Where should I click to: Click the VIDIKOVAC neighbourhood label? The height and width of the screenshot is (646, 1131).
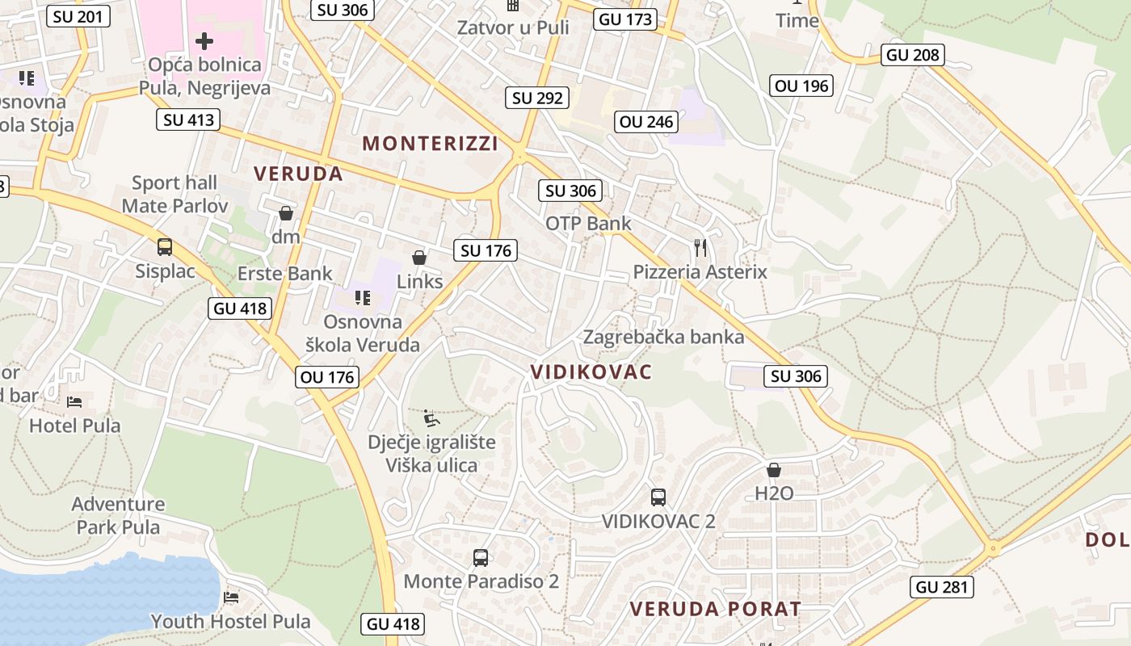pyautogui.click(x=591, y=371)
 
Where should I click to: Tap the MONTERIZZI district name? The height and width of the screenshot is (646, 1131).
pyautogui.click(x=430, y=144)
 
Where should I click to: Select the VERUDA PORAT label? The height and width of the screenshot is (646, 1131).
pyautogui.click(x=715, y=609)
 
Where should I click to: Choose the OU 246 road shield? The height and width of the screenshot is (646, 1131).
pyautogui.click(x=646, y=122)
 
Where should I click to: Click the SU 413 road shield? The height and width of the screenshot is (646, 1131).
pyautogui.click(x=189, y=120)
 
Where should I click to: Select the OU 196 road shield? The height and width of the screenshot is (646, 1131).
pyautogui.click(x=801, y=86)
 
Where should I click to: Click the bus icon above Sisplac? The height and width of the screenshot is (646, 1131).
pyautogui.click(x=165, y=247)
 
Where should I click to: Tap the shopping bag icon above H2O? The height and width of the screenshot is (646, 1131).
pyautogui.click(x=774, y=470)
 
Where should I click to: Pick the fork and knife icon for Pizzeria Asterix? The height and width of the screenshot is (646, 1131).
pyautogui.click(x=700, y=248)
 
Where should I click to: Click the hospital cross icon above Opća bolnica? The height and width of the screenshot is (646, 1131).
pyautogui.click(x=204, y=40)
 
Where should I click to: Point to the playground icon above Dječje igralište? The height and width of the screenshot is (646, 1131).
pyautogui.click(x=432, y=418)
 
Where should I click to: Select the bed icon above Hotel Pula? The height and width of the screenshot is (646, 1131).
pyautogui.click(x=74, y=401)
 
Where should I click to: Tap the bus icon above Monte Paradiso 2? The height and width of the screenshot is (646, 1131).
pyautogui.click(x=481, y=557)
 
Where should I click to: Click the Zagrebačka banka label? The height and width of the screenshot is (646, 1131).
pyautogui.click(x=663, y=337)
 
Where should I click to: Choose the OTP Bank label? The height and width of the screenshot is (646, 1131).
pyautogui.click(x=588, y=223)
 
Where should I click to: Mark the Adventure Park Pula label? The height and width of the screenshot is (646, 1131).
pyautogui.click(x=118, y=515)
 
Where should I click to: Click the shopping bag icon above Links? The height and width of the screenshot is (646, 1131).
pyautogui.click(x=419, y=258)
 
